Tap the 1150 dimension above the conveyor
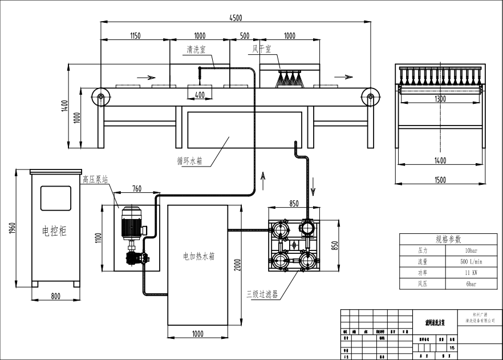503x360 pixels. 135,36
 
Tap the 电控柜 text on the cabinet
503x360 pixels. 54,231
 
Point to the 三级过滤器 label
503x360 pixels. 262,294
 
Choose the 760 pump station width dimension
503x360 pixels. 137,189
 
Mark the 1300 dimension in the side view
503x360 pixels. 440,98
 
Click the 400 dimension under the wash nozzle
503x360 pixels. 200,94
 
